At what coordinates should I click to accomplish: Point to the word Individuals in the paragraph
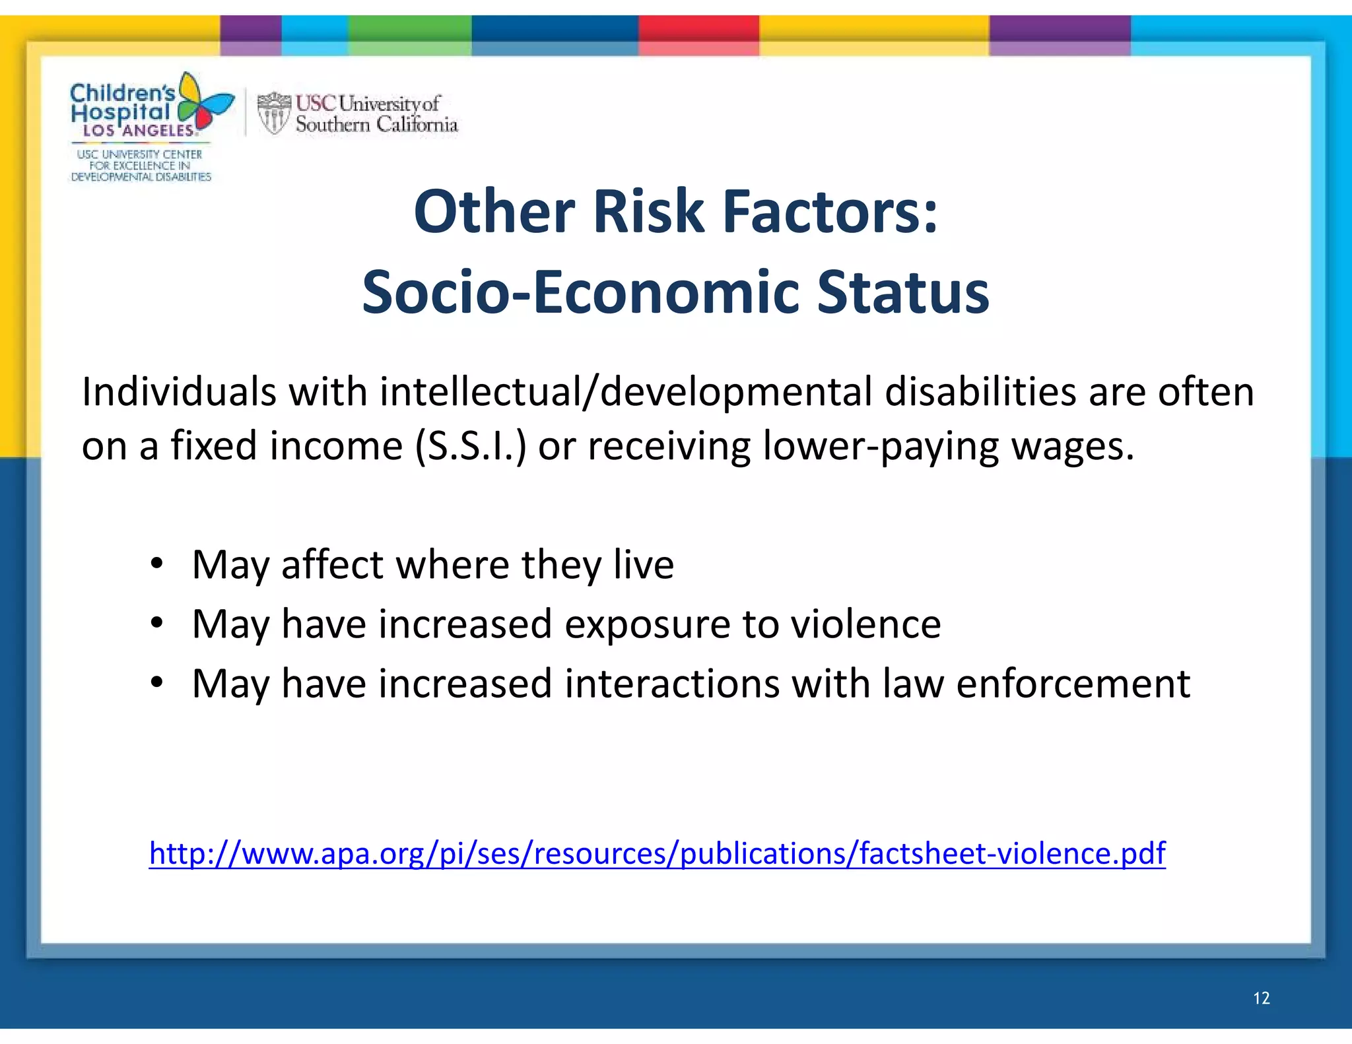(x=178, y=391)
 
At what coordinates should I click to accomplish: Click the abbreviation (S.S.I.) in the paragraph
(x=471, y=446)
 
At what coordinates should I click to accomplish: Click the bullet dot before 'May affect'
(x=156, y=564)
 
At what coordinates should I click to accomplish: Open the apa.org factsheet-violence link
(x=657, y=853)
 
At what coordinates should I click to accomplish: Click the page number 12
(x=1261, y=998)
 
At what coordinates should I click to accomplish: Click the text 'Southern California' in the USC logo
(x=376, y=124)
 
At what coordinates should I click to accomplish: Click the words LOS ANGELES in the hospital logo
(x=139, y=131)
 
